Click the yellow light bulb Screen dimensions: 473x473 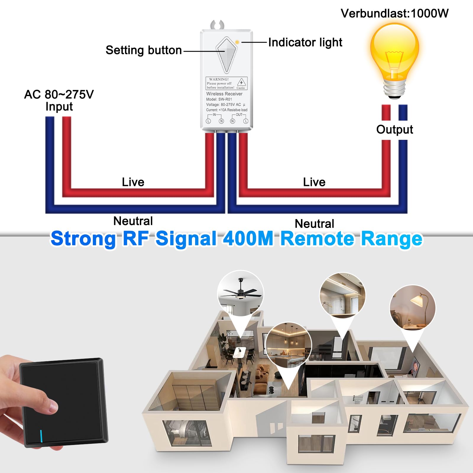pyautogui.click(x=394, y=61)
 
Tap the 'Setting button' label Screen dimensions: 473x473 pyautogui.click(x=144, y=50)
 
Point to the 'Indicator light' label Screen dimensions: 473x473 pyautogui.click(x=305, y=42)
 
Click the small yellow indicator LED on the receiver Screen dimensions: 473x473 pyautogui.click(x=237, y=42)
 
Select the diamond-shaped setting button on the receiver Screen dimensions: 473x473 pyautogui.click(x=226, y=55)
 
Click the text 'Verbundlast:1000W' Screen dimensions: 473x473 pyautogui.click(x=394, y=13)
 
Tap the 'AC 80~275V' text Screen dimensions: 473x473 pyautogui.click(x=59, y=95)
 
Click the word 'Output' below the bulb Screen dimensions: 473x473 pyautogui.click(x=394, y=129)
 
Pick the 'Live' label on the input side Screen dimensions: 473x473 pyautogui.click(x=133, y=182)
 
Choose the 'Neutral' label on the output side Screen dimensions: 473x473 pyautogui.click(x=315, y=223)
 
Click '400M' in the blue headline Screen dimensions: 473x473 pyautogui.click(x=248, y=239)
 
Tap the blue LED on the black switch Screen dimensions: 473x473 pyautogui.click(x=41, y=436)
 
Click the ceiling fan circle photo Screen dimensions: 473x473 pyautogui.click(x=240, y=293)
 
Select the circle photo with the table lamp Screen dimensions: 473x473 pyautogui.click(x=412, y=308)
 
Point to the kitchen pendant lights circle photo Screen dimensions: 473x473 pyautogui.click(x=289, y=345)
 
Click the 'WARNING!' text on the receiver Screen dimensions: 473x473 pyautogui.click(x=219, y=79)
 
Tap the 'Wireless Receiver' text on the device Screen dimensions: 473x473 pyautogui.click(x=224, y=94)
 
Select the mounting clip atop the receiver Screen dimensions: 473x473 pyautogui.click(x=217, y=25)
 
